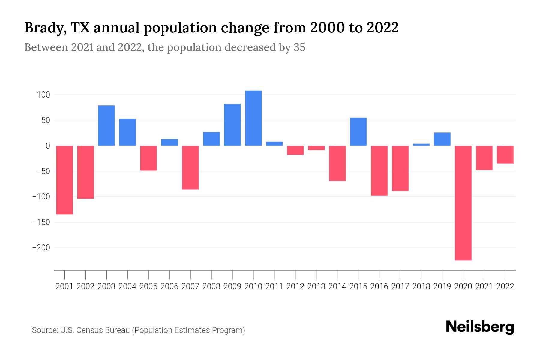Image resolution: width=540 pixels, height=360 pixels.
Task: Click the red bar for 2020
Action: pos(463,203)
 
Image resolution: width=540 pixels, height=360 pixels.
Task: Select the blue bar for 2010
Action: pos(253,118)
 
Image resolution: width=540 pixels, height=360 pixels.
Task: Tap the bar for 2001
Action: pos(64,180)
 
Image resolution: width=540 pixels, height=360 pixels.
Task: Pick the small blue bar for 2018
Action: pos(421,145)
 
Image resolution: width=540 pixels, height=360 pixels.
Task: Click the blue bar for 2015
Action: pos(358,131)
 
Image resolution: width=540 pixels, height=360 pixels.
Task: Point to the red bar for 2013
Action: pos(316,148)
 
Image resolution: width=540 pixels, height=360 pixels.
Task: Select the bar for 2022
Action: pos(505,154)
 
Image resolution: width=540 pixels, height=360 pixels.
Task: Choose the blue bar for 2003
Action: pos(106,125)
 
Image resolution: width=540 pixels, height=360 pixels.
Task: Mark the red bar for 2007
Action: pos(190,167)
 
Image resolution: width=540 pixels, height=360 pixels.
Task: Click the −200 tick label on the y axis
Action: pos(41,248)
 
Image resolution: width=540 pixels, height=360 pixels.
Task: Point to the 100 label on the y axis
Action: pos(43,95)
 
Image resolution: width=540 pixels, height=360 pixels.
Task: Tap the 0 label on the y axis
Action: pos(48,146)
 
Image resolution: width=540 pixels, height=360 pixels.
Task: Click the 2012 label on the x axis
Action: pos(295,286)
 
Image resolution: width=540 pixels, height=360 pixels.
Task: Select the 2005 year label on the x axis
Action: pos(148,286)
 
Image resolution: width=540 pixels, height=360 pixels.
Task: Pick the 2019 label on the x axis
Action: pos(442,286)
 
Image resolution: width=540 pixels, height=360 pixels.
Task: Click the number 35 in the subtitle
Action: pos(299,47)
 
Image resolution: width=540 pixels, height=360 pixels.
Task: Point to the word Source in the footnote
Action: pos(45,330)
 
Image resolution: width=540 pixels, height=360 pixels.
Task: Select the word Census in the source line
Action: pos(89,330)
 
